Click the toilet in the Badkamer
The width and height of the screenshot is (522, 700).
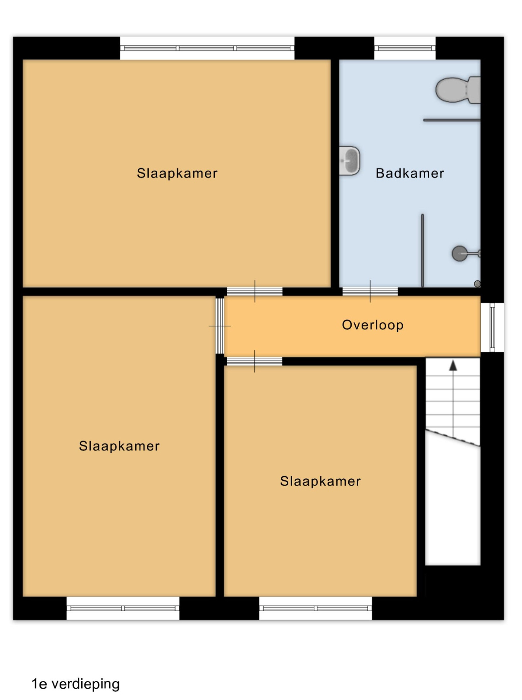click(458, 90)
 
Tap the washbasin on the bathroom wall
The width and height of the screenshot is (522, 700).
click(349, 161)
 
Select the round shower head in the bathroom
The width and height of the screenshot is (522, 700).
click(459, 254)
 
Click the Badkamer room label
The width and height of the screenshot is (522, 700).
click(410, 173)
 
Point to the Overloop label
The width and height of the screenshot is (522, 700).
click(373, 325)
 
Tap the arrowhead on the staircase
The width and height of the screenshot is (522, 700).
click(453, 366)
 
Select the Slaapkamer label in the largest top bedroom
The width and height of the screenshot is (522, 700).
click(177, 173)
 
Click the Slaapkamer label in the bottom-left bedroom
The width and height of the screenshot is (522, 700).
click(119, 446)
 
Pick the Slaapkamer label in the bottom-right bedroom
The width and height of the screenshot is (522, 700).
click(320, 481)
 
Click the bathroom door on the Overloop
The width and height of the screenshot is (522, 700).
click(370, 291)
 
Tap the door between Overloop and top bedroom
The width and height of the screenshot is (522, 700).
click(255, 291)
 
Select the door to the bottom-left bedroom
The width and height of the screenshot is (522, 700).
click(220, 326)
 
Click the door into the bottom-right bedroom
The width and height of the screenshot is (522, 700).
click(255, 361)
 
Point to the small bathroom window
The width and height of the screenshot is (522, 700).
click(404, 48)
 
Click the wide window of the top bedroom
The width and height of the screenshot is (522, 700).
click(207, 48)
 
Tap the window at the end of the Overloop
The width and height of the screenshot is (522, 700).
click(492, 328)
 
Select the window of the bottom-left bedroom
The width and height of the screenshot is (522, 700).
click(123, 608)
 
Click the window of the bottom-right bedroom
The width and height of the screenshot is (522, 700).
click(316, 608)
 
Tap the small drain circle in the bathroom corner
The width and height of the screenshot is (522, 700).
click(477, 283)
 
